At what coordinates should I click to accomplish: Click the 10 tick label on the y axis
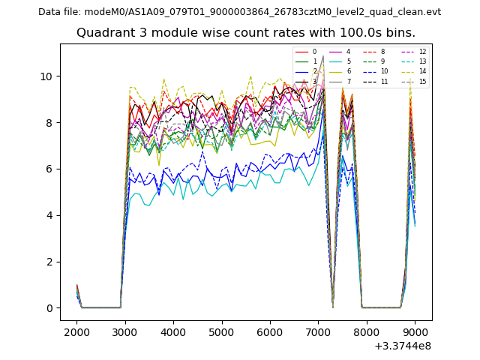coord(46,76)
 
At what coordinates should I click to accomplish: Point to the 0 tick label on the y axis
coord(49,308)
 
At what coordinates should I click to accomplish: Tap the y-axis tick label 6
coord(49,169)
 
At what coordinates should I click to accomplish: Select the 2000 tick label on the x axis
coord(76,332)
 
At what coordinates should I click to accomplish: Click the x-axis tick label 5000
coord(221,332)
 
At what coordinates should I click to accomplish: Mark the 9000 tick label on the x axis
coord(415,332)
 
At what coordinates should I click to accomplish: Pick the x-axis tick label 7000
coord(318,332)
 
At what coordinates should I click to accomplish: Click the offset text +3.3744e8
coord(403,346)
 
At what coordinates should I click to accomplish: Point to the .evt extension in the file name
coord(431,12)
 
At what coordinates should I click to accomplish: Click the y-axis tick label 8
coord(49,123)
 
